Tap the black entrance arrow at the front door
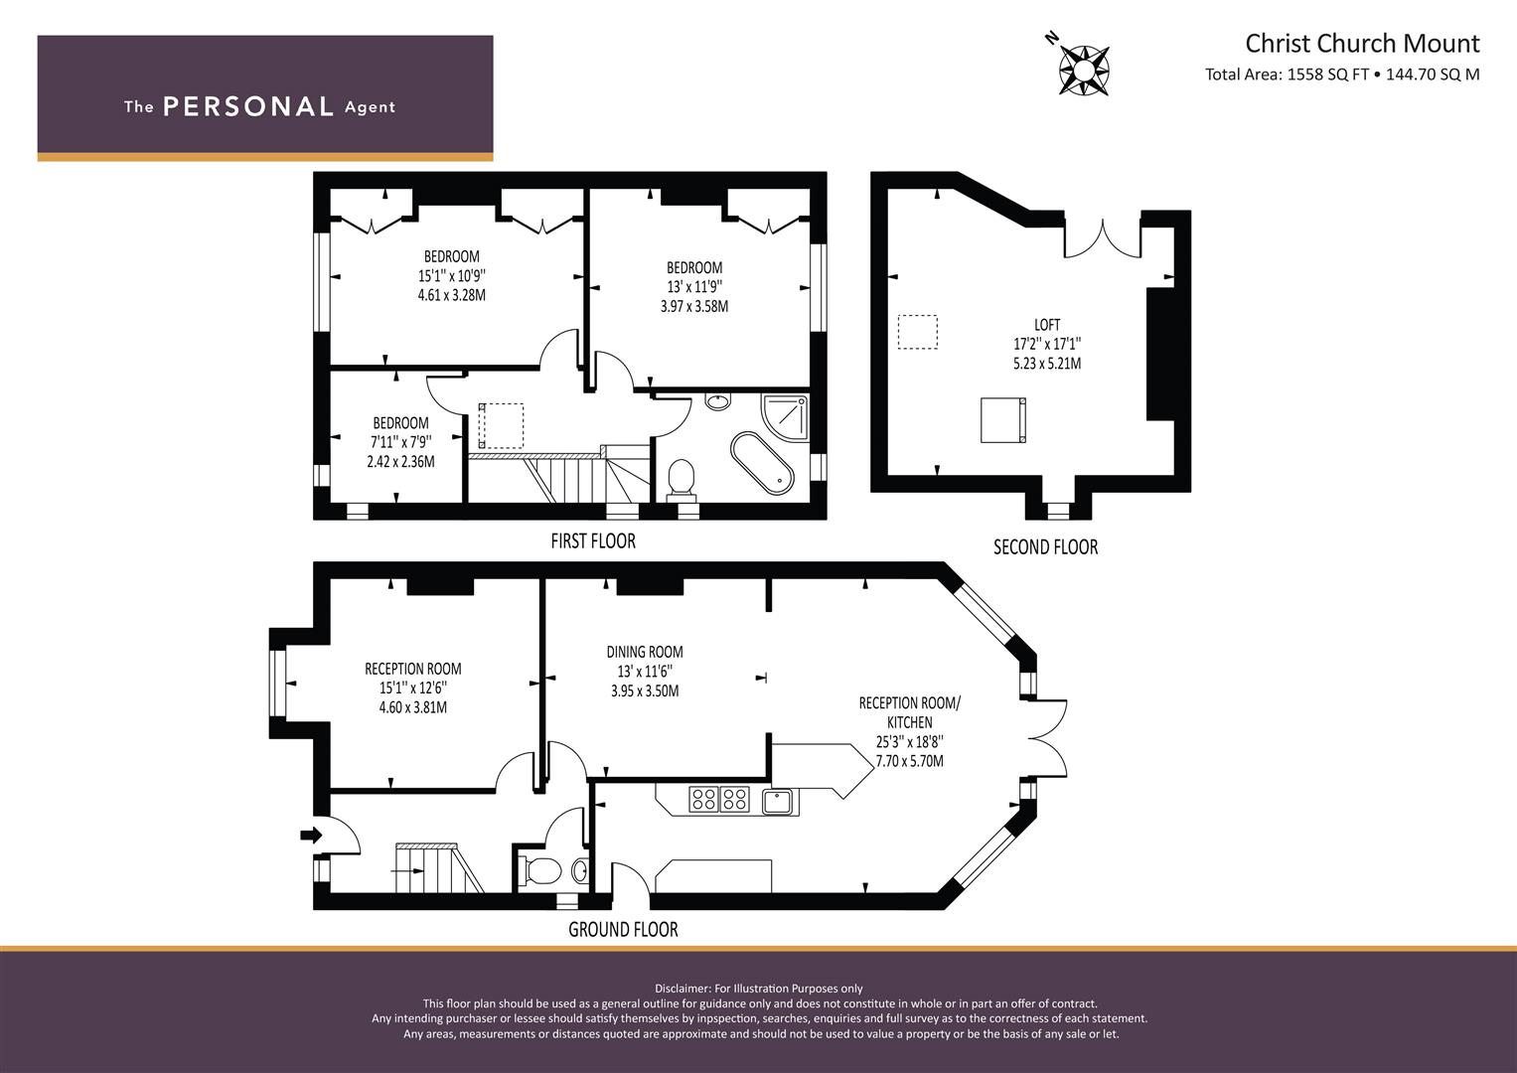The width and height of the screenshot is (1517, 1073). (x=312, y=835)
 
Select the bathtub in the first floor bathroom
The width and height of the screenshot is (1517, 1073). (x=762, y=463)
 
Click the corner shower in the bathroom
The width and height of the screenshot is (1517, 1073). (x=785, y=417)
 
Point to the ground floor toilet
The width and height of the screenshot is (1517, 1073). (x=539, y=870)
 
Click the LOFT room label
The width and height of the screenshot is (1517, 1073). (x=1047, y=325)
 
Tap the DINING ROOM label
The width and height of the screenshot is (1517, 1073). (x=645, y=652)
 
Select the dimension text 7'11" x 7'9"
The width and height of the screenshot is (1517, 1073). (x=401, y=442)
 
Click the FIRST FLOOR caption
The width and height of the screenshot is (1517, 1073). (x=593, y=541)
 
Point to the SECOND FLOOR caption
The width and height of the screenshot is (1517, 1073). (x=1046, y=547)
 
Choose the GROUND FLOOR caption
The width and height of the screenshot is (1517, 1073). (x=623, y=929)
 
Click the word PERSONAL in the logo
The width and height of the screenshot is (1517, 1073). (x=248, y=106)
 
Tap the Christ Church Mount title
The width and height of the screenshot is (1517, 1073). (x=1363, y=44)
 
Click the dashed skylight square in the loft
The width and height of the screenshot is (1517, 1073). (x=918, y=332)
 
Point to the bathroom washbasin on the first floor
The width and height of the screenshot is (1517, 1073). (x=717, y=401)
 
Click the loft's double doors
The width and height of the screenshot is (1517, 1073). (x=1102, y=238)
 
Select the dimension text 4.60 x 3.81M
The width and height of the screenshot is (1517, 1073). (x=413, y=707)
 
